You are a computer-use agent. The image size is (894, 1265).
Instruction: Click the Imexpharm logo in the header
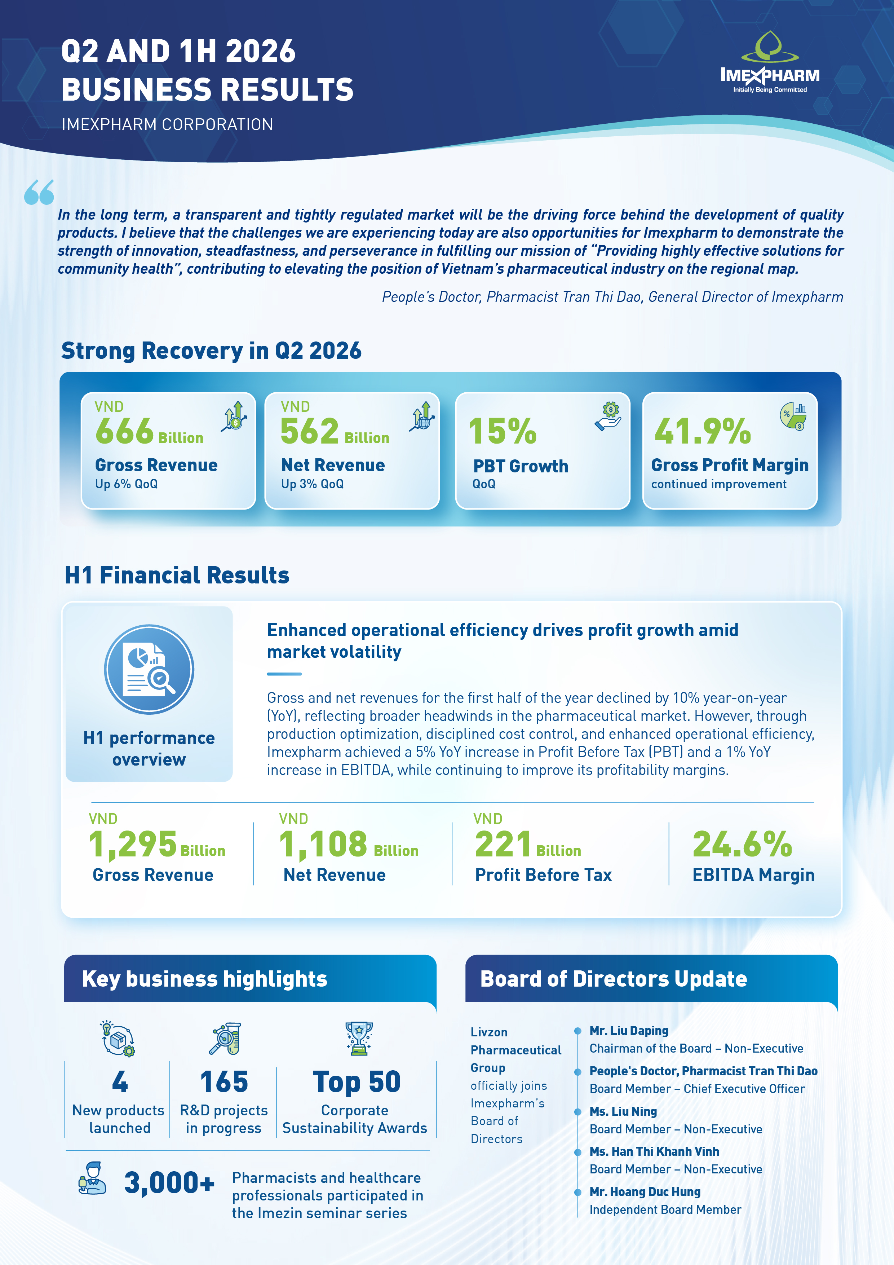tap(770, 62)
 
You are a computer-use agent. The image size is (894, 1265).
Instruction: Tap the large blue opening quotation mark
tap(39, 192)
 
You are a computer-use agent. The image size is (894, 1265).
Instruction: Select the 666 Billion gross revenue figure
tap(149, 431)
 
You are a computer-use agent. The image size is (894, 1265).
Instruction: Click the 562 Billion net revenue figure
tap(335, 431)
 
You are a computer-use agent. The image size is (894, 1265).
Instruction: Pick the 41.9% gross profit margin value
tap(702, 431)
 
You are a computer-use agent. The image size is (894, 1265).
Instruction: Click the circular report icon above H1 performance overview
tap(149, 669)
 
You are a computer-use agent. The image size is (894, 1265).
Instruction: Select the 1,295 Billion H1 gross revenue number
tap(157, 845)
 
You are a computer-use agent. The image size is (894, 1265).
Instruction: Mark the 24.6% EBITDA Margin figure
tap(742, 845)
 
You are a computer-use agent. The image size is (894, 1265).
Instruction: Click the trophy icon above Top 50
tap(359, 1039)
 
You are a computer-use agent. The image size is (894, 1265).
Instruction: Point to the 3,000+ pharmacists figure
tap(169, 1182)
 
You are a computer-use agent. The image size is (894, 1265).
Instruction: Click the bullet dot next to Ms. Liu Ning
tap(578, 1111)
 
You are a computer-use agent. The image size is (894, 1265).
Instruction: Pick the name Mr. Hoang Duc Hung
tap(645, 1192)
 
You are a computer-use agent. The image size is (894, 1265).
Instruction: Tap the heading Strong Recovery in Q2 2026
tap(212, 351)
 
